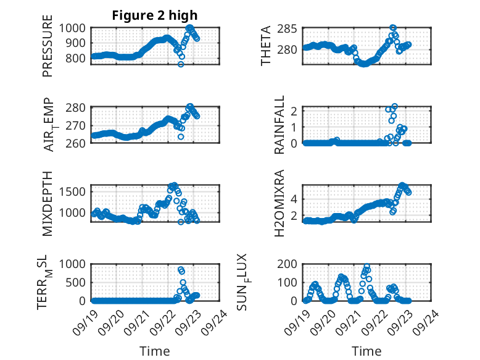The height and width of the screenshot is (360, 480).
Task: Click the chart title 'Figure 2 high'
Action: (155, 15)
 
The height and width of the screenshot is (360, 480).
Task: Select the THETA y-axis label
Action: (266, 46)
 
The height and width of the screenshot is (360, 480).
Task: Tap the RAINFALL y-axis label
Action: (279, 125)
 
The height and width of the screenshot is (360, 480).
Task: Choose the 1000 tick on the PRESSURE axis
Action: (75, 28)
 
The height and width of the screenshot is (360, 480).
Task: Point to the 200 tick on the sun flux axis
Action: (291, 264)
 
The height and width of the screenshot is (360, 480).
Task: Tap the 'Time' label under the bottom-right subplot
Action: (366, 351)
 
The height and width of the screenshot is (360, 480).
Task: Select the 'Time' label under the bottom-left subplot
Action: (155, 351)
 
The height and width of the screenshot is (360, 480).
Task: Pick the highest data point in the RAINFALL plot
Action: (394, 106)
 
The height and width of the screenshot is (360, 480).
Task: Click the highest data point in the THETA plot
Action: (393, 28)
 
